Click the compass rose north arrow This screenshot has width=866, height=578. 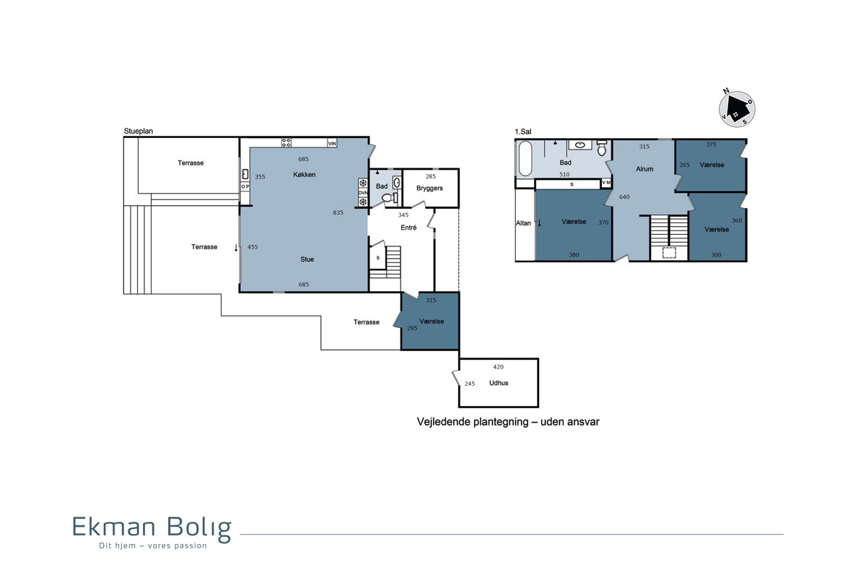[x=738, y=109]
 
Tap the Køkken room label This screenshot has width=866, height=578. [x=305, y=175]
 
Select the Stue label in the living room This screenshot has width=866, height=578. [x=307, y=259]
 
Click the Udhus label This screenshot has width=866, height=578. [x=499, y=383]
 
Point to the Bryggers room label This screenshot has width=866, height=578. [x=429, y=188]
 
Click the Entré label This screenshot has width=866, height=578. [x=408, y=228]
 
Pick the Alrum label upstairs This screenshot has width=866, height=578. [x=644, y=169]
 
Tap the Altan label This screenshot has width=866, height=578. [x=523, y=223]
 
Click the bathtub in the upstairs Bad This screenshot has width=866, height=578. [x=525, y=158]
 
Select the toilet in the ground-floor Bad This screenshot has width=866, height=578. [x=388, y=198]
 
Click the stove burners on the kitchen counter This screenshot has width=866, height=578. [x=286, y=142]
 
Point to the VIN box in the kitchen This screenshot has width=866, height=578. [x=332, y=143]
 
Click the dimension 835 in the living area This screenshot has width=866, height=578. [x=338, y=212]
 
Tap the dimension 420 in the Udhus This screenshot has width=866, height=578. [x=499, y=367]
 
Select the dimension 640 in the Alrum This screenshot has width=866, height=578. [x=624, y=197]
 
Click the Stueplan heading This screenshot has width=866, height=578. [x=138, y=131]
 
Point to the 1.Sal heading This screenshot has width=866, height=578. [x=523, y=131]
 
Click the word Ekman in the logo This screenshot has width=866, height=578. [x=114, y=527]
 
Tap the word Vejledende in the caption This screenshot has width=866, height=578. [x=445, y=422]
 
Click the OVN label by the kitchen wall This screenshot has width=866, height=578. [x=363, y=192]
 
